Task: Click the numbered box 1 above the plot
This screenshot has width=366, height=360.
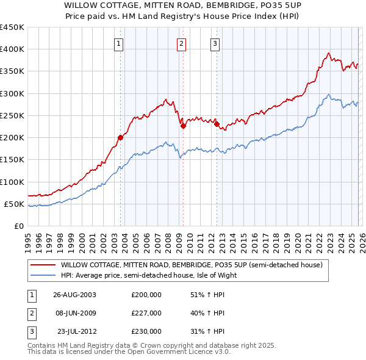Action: point(118,43)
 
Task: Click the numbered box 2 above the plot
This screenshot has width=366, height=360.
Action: point(182,43)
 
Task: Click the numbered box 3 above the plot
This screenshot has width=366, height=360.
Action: point(215,43)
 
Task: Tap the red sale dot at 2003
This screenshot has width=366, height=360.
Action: point(120,137)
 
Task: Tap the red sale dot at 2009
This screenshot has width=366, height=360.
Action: point(182,126)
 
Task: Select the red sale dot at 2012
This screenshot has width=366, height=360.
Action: point(216,124)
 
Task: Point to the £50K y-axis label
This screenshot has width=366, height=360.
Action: point(15,204)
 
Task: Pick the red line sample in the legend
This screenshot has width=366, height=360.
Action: point(43,265)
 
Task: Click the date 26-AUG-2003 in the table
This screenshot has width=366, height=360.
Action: point(74,294)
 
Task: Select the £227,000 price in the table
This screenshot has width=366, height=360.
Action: point(146,313)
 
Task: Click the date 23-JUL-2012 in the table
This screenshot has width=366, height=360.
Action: point(74,331)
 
